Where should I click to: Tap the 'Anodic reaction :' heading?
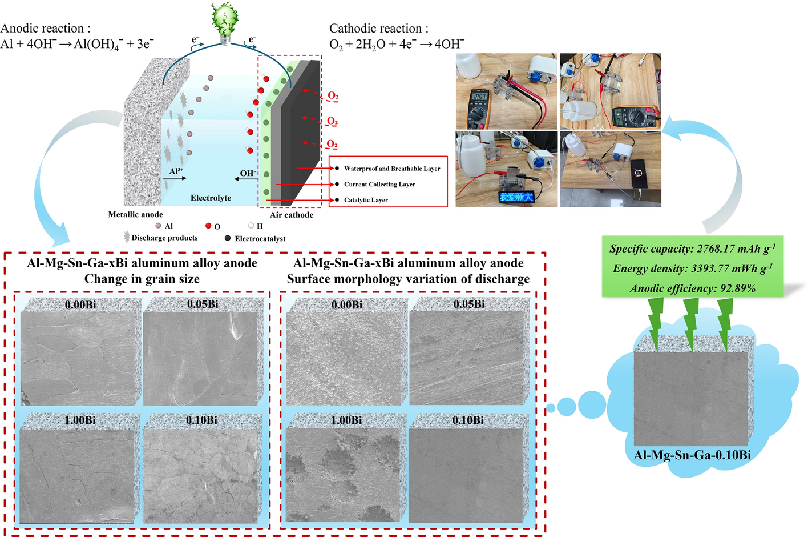click(x=45, y=29)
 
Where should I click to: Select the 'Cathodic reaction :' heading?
click(x=378, y=29)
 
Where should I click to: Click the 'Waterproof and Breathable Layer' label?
click(x=391, y=169)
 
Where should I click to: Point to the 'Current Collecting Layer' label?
click(x=379, y=184)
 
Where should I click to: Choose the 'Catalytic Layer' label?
click(x=366, y=200)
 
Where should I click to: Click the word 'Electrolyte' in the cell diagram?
click(x=211, y=198)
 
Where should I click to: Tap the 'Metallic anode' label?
click(x=135, y=214)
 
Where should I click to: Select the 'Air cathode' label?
click(x=291, y=215)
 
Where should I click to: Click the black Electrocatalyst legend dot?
click(x=228, y=238)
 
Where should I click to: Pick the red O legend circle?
click(x=209, y=226)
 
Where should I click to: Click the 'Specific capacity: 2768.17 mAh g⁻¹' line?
click(x=692, y=249)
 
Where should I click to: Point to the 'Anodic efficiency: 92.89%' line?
click(x=692, y=288)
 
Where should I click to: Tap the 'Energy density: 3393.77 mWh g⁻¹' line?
click(x=692, y=268)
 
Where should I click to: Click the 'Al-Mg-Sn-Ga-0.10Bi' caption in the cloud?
click(x=692, y=455)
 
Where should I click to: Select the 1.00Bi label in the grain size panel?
click(x=80, y=420)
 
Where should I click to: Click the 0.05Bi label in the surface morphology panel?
click(x=469, y=304)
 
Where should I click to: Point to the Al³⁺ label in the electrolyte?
click(x=176, y=171)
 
